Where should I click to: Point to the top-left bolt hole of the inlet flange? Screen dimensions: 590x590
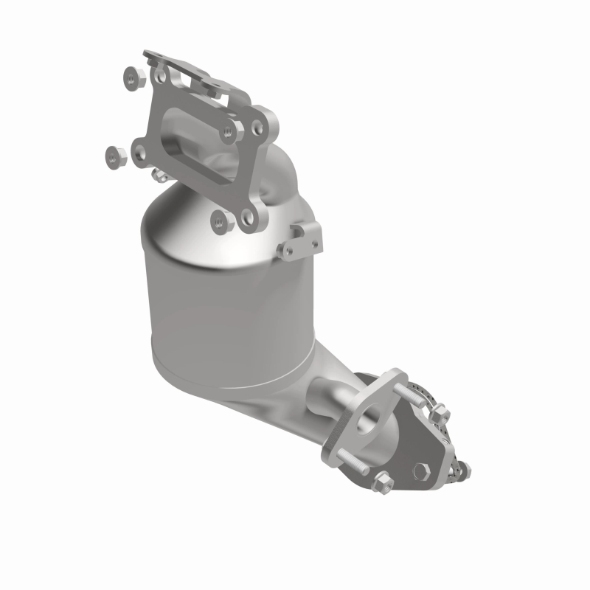point(159,74)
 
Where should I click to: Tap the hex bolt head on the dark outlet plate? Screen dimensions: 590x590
point(421,470)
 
